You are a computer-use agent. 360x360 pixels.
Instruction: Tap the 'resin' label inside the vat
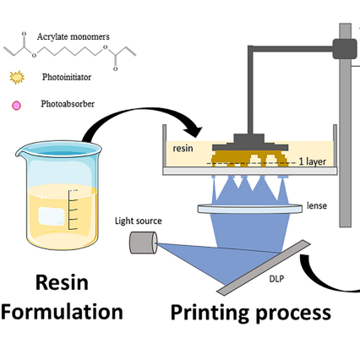[183, 147]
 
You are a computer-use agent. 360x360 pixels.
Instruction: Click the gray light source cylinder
[141, 243]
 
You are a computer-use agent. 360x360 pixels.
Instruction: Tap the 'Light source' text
[138, 221]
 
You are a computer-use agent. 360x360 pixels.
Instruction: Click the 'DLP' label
[275, 277]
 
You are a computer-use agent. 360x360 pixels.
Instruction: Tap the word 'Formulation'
[62, 312]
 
